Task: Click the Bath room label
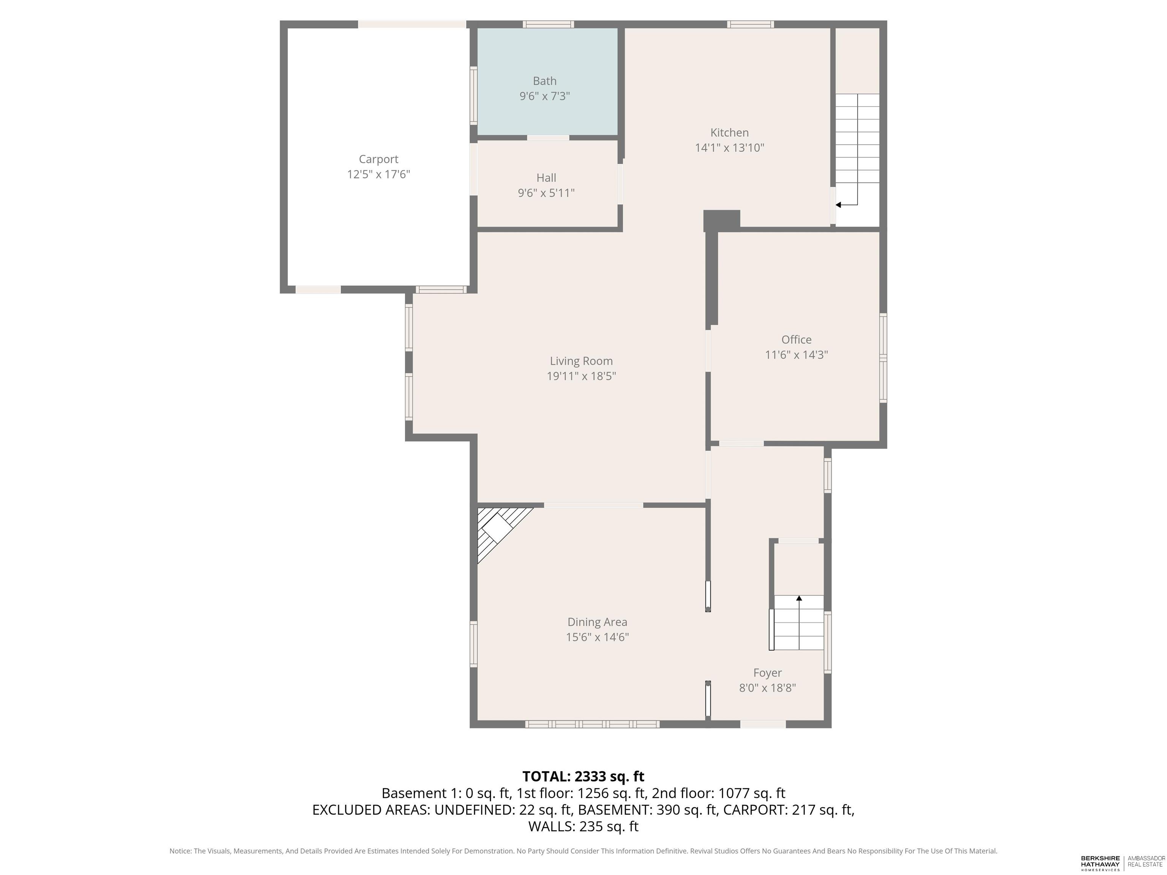[544, 81]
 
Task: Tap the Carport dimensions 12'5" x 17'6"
[378, 174]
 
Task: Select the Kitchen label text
[729, 133]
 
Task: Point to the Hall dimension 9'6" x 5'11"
[546, 193]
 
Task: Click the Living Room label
[581, 361]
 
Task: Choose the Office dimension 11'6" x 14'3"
[796, 354]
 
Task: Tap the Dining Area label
[597, 622]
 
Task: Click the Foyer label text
[767, 673]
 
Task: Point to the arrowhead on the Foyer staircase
[799, 598]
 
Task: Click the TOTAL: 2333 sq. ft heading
[583, 776]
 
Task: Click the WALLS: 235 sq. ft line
[583, 826]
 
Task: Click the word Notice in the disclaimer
[180, 851]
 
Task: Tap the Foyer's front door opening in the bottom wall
[763, 725]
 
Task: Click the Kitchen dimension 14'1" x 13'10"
[729, 148]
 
